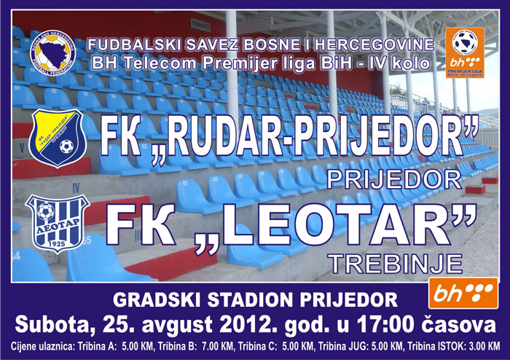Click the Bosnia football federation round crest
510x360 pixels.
(52, 53)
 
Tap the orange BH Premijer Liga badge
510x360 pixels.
(465, 53)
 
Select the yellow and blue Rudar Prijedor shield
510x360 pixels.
(58, 138)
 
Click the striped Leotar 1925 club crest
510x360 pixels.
(58, 224)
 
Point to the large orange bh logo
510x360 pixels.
(463, 293)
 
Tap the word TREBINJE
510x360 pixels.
(395, 263)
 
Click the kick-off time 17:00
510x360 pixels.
(385, 324)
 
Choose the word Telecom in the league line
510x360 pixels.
(160, 63)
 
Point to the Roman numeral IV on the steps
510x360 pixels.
(75, 187)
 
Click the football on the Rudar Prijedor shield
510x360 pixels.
(67, 146)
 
